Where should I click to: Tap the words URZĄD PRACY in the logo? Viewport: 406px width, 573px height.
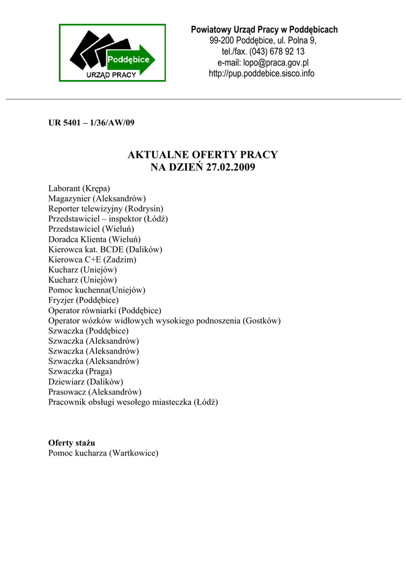pos(111,75)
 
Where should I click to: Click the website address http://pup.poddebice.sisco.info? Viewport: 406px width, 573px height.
pos(262,73)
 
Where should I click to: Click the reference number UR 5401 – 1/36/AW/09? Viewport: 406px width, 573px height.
pos(91,123)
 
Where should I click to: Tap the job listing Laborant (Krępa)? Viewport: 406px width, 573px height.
pos(79,189)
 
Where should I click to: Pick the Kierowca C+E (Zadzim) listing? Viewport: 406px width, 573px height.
pos(92,259)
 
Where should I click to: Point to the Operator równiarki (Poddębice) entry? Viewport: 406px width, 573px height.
pos(105,310)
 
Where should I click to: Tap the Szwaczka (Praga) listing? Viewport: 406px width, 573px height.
pos(80,371)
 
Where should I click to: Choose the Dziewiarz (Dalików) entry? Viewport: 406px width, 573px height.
pos(85,381)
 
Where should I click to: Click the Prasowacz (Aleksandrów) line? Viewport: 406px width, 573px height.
pos(95,391)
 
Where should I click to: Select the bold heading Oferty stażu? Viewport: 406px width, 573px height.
pos(72,442)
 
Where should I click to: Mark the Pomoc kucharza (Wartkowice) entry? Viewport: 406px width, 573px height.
pos(103,452)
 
